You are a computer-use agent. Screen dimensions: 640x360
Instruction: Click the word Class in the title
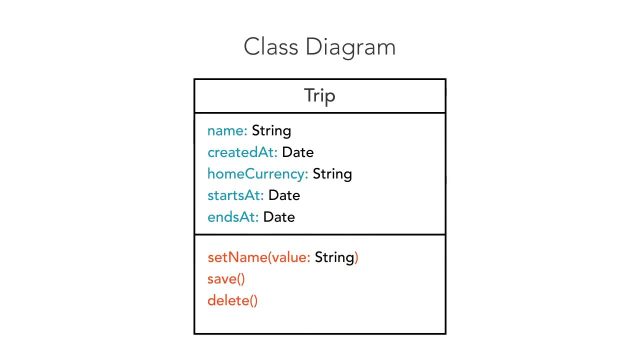click(x=271, y=46)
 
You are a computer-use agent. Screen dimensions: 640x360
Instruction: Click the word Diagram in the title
click(x=350, y=48)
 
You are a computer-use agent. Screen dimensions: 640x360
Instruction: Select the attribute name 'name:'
click(x=227, y=131)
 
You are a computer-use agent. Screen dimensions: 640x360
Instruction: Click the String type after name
click(x=271, y=131)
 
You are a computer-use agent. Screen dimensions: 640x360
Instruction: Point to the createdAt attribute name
click(x=242, y=152)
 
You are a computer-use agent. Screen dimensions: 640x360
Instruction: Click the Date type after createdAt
click(x=297, y=152)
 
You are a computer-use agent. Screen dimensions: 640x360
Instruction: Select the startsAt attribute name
click(x=235, y=195)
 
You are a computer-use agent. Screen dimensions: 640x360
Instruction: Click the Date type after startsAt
click(x=284, y=195)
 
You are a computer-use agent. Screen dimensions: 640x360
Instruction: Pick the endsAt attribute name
click(x=233, y=217)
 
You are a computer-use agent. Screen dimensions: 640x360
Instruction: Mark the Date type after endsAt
click(x=279, y=217)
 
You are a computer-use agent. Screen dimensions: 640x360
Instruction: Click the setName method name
click(x=237, y=257)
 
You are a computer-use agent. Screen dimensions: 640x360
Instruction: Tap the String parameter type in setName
click(x=334, y=257)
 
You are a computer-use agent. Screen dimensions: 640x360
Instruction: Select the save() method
click(x=226, y=279)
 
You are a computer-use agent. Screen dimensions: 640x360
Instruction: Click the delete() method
click(x=232, y=300)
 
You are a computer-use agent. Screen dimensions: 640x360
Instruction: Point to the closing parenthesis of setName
click(x=356, y=257)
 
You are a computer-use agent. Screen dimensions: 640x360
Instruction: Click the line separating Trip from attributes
click(x=319, y=113)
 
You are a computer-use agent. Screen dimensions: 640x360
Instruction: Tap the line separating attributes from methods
click(x=319, y=235)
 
